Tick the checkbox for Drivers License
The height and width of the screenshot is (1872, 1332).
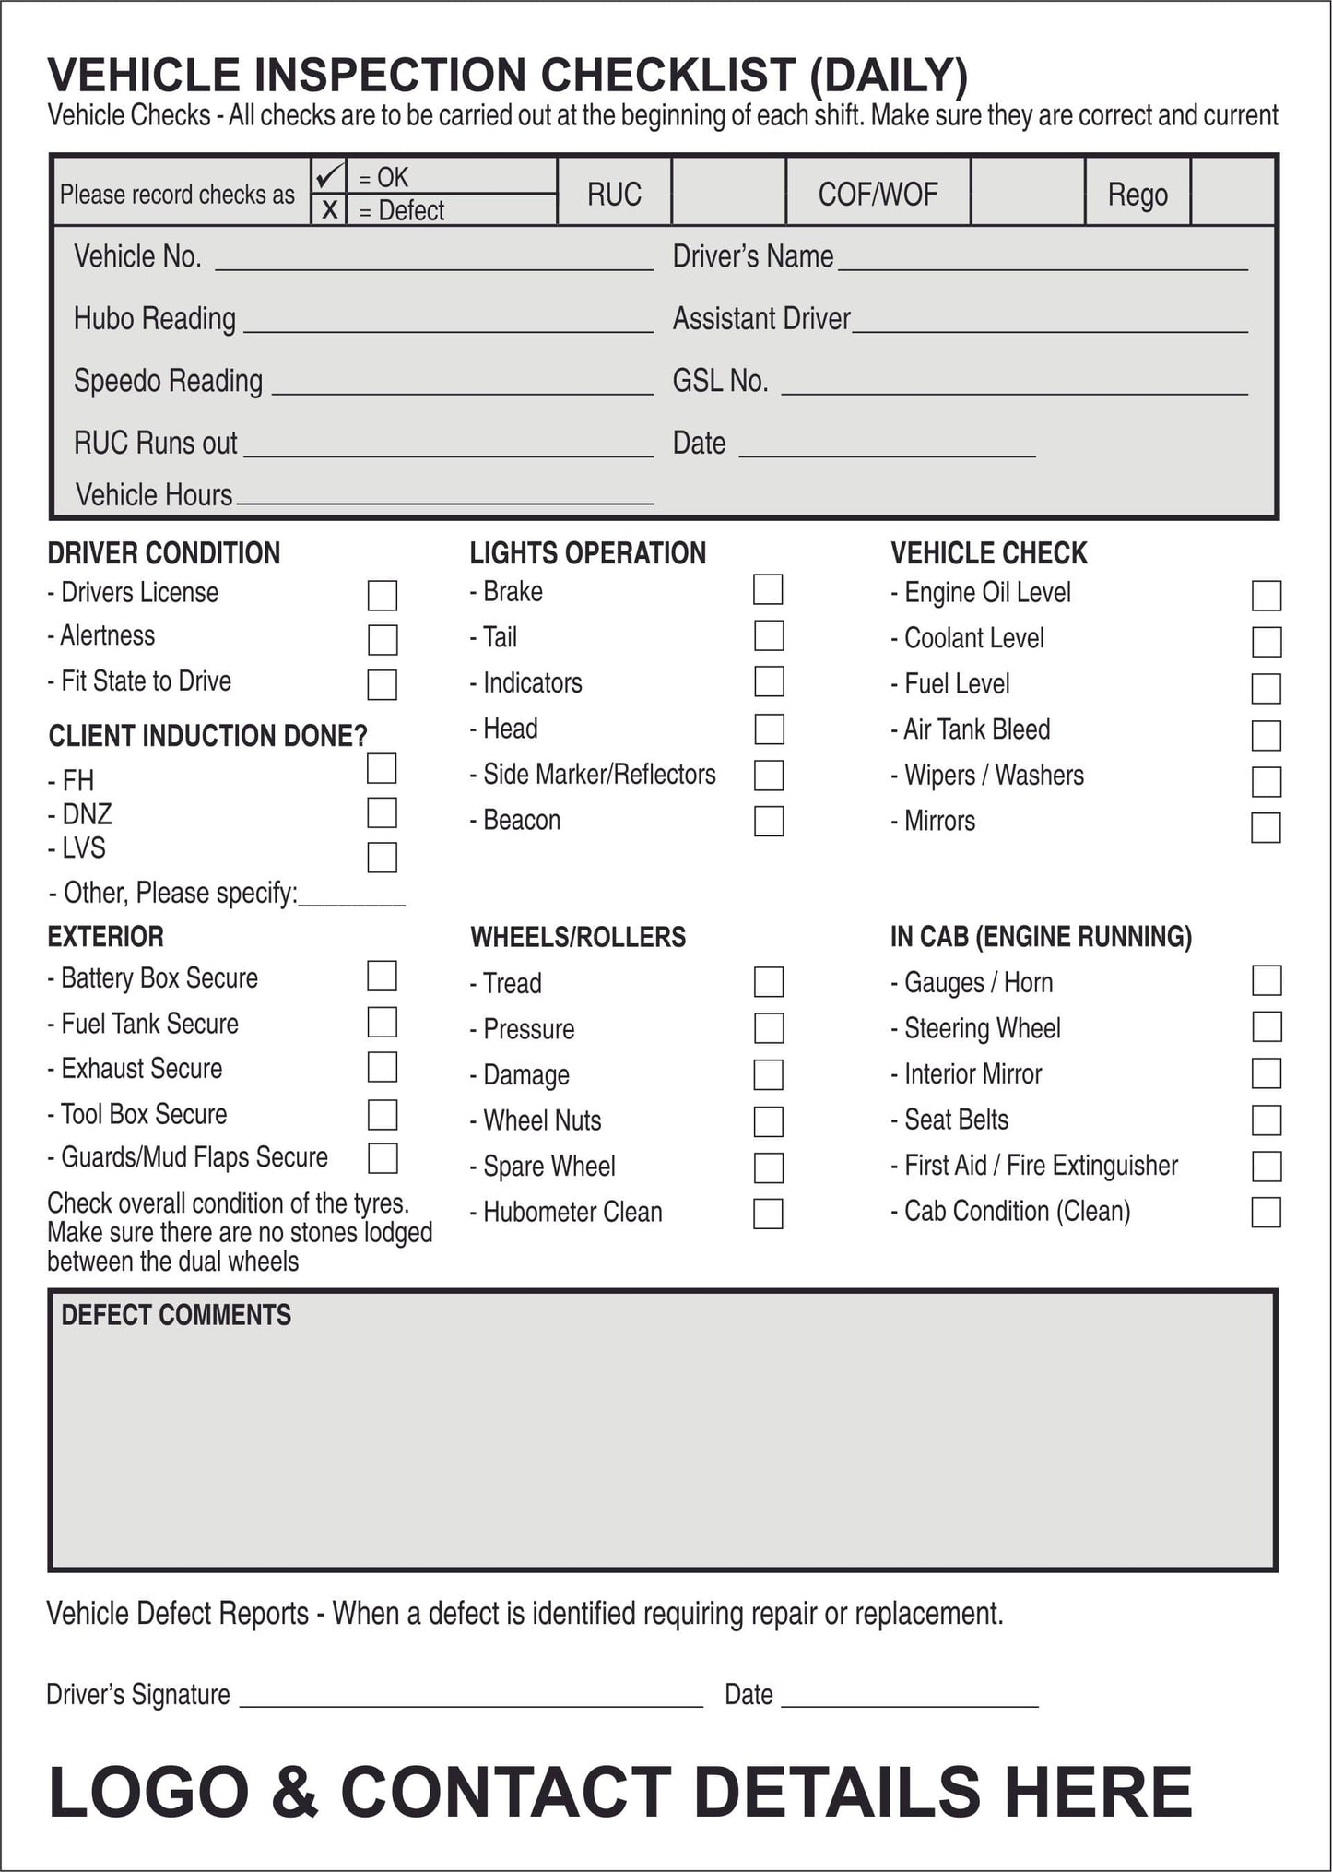coord(382,596)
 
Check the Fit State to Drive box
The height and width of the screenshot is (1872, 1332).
coord(382,685)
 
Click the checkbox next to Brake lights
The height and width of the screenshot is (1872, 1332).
coord(768,590)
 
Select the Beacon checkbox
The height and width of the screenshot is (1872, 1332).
coord(768,821)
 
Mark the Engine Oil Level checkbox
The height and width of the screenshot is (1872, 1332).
coord(1267,596)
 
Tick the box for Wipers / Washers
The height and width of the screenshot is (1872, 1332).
coord(1267,782)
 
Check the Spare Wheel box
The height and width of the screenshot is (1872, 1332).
coord(768,1167)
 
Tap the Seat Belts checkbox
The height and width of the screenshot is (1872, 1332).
coord(1267,1120)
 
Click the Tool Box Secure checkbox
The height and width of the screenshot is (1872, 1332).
coord(382,1114)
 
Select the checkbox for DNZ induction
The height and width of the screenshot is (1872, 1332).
coord(382,813)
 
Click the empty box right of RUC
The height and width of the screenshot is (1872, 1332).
coord(728,192)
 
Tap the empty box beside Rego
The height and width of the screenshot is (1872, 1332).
coord(1232,192)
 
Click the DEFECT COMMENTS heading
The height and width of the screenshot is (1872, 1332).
coord(176,1315)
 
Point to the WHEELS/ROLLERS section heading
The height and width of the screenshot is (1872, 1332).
coord(578,938)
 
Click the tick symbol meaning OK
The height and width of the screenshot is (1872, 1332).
coord(328,175)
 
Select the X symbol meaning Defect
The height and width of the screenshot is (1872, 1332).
coord(329,210)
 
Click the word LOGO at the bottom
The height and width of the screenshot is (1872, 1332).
coord(148,1792)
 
